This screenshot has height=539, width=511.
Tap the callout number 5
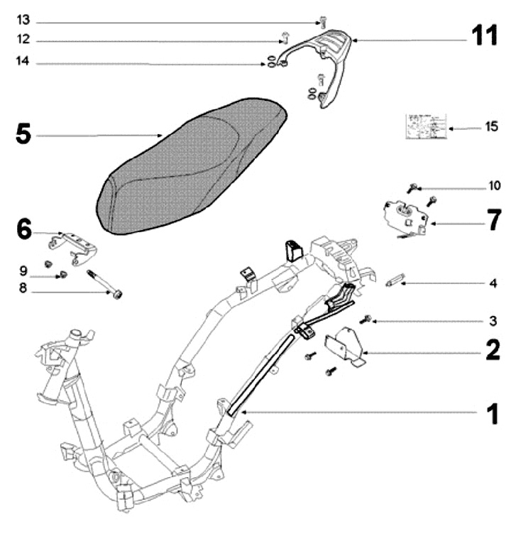(x=23, y=134)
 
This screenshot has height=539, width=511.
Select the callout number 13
(x=23, y=19)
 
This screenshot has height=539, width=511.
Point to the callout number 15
(x=491, y=127)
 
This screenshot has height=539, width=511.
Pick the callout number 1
(x=490, y=414)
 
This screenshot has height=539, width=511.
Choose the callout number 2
(x=493, y=350)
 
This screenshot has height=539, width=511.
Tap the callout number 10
(x=493, y=187)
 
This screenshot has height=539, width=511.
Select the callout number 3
(x=493, y=321)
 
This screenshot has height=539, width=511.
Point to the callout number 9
(x=23, y=270)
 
